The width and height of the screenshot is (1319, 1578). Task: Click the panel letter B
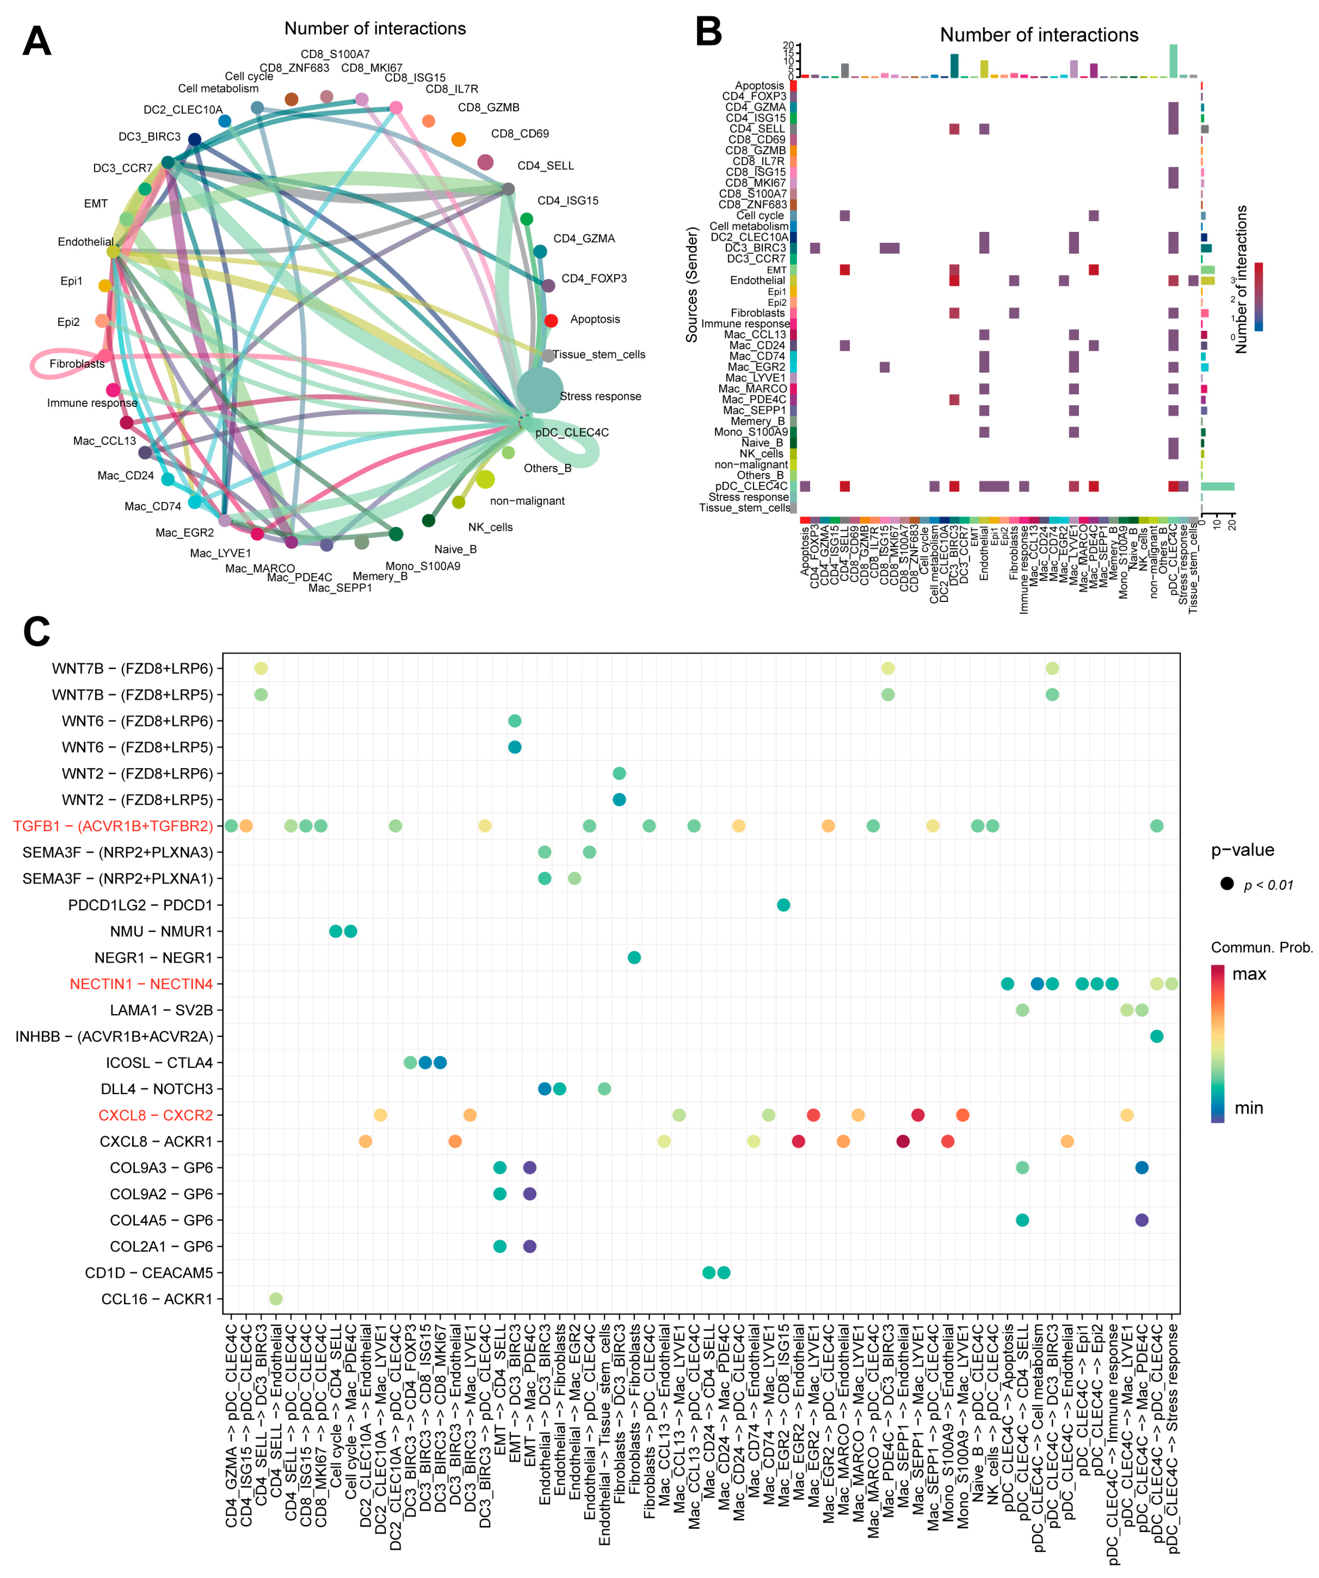click(708, 32)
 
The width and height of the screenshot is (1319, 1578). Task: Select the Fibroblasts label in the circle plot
click(77, 364)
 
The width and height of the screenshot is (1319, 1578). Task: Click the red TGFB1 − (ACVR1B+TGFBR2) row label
click(113, 826)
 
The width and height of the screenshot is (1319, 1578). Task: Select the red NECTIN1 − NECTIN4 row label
click(141, 983)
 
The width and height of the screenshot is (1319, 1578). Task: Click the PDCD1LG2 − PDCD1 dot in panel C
click(783, 905)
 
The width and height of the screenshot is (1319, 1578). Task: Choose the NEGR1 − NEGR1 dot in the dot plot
click(634, 957)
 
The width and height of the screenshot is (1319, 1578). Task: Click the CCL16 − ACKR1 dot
click(276, 1299)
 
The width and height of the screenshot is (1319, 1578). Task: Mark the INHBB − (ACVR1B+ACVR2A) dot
click(1157, 1036)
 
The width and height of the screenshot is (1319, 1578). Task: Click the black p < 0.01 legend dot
click(1226, 884)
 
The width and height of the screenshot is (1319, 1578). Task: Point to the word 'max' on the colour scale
click(1249, 974)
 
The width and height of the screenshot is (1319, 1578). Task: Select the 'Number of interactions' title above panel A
click(375, 28)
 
